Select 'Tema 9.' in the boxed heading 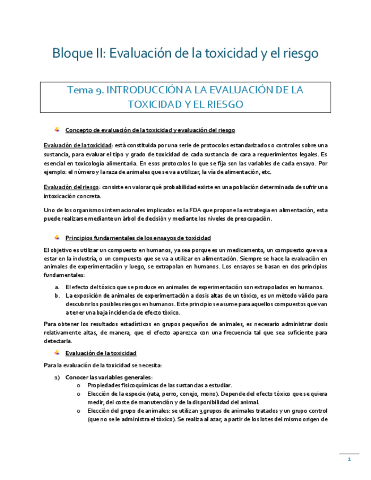coord(85,91)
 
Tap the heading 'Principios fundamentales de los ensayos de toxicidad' coord(138,238)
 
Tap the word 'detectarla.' coord(57,341)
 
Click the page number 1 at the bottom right coord(349,460)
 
